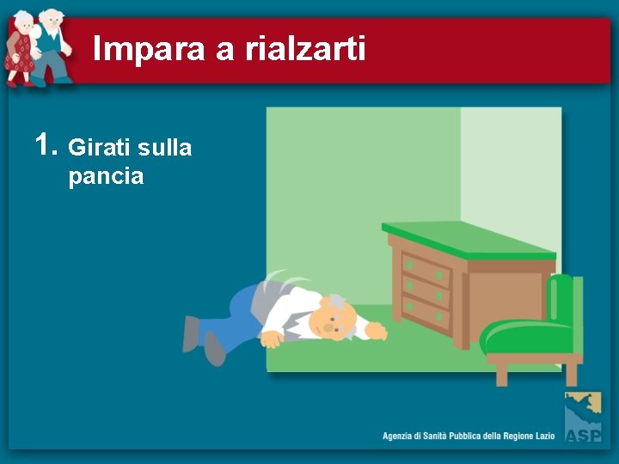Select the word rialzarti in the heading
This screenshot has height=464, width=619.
[305, 50]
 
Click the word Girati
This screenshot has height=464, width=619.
[100, 149]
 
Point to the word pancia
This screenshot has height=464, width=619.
[106, 177]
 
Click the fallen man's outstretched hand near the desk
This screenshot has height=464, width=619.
[376, 331]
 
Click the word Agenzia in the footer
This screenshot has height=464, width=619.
[401, 437]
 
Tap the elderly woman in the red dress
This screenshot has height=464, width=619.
[20, 52]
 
